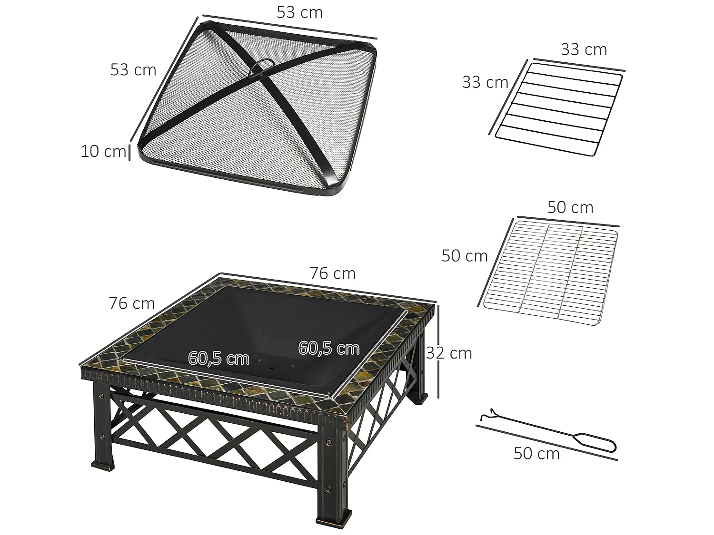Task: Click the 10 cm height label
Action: [x=103, y=151]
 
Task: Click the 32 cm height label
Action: [x=449, y=353]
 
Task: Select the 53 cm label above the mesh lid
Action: [x=300, y=13]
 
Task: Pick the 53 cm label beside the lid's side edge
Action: [x=133, y=70]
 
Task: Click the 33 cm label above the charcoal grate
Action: [x=584, y=49]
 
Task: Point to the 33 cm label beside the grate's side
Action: [x=485, y=82]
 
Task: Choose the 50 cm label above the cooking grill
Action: [x=570, y=207]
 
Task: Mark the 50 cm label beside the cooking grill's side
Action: [x=465, y=256]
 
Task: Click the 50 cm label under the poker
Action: [x=536, y=454]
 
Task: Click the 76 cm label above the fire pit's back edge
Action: [x=333, y=273]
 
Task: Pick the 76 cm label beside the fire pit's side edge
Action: [x=132, y=303]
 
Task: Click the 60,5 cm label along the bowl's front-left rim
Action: [x=218, y=358]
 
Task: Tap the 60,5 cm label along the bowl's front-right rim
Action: [x=329, y=348]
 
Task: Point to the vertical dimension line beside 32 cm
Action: [x=438, y=352]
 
